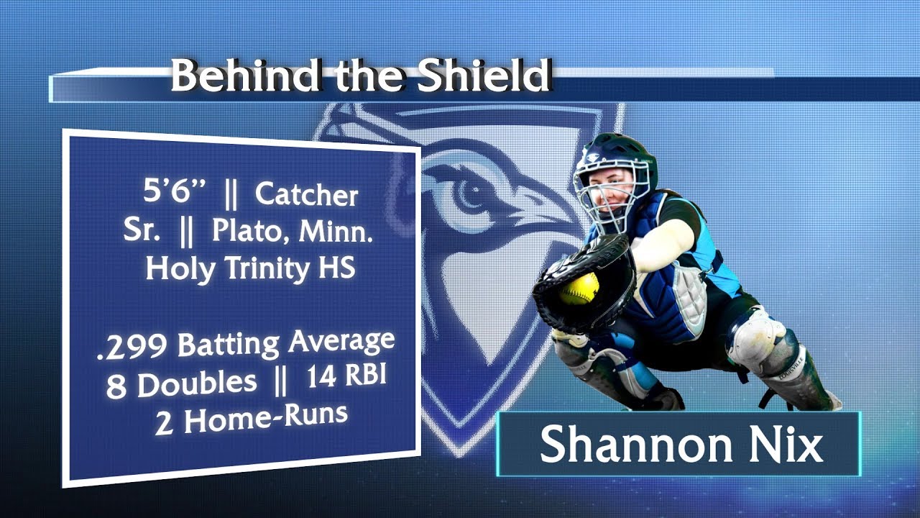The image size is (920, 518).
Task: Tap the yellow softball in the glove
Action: [579, 288]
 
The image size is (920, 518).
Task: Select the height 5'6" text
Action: [175, 194]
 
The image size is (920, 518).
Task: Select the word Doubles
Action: [196, 385]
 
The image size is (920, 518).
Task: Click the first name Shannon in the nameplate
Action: [633, 445]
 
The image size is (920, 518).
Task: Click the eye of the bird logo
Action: [471, 192]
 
